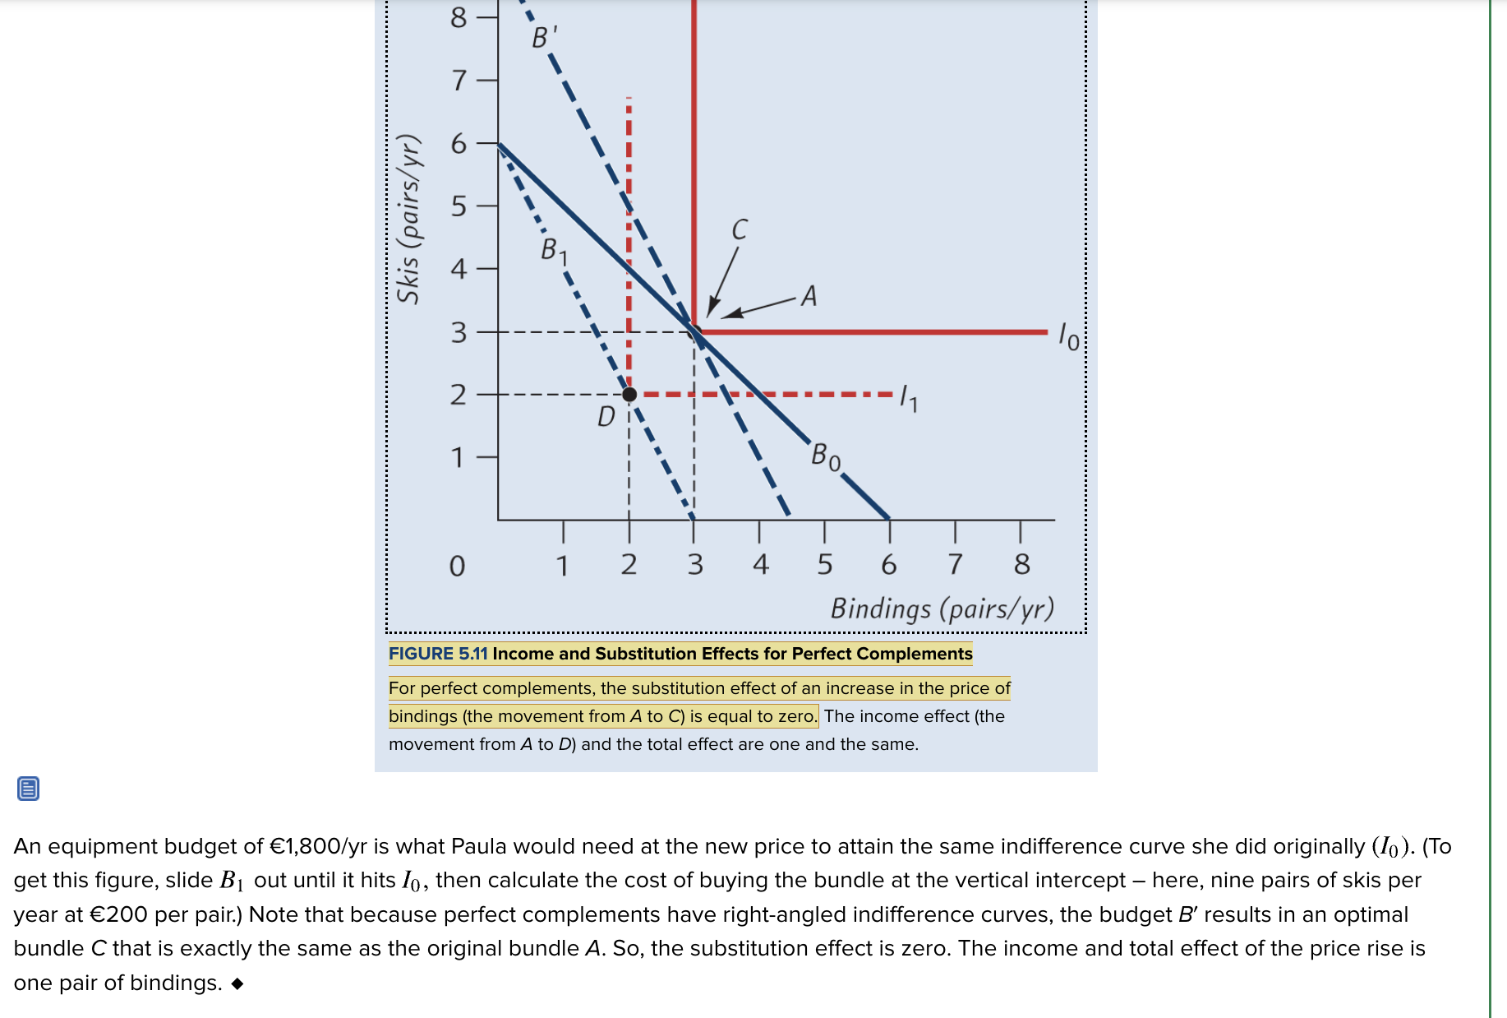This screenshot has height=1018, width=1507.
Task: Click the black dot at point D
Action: tap(629, 395)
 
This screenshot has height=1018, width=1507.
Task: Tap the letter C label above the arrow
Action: tap(740, 229)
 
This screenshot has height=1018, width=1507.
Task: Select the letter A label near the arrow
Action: tap(809, 295)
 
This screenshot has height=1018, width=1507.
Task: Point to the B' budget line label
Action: tap(544, 36)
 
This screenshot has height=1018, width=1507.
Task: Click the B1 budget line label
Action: tap(554, 250)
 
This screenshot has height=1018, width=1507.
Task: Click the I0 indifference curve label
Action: tap(1069, 336)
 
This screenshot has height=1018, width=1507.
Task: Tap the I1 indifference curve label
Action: tap(909, 398)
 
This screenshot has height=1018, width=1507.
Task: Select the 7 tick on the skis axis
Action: tap(459, 81)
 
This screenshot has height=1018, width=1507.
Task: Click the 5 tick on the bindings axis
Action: tap(825, 564)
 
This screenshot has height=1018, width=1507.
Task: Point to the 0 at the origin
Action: tap(457, 566)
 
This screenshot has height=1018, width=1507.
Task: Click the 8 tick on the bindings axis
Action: tap(1021, 564)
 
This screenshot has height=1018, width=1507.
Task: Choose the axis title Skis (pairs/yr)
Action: tap(409, 218)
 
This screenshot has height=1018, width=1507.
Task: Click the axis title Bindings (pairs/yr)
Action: tap(942, 608)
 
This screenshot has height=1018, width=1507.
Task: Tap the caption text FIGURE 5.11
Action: tap(438, 654)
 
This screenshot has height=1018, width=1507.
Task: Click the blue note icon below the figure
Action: tap(28, 789)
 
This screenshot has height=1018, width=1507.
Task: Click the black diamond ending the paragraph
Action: tap(237, 983)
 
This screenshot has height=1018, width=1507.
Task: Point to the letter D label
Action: tap(606, 417)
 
